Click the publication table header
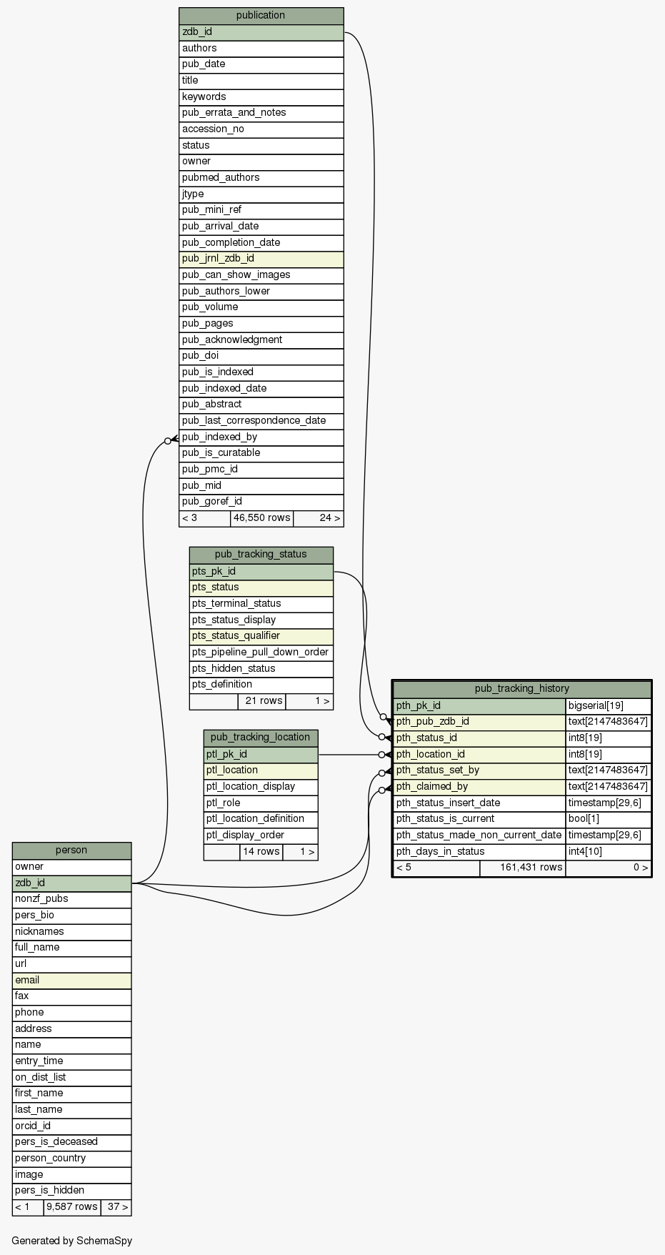(x=261, y=15)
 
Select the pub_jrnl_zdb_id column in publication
(x=261, y=259)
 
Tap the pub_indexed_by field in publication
(x=261, y=437)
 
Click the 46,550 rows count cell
(x=261, y=518)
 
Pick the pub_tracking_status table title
(x=261, y=555)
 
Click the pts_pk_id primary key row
(x=261, y=571)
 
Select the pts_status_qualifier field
(x=261, y=636)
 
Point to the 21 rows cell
(x=261, y=701)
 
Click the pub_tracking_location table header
(x=261, y=738)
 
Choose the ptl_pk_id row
(x=261, y=754)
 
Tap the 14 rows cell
(x=261, y=852)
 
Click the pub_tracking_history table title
(x=521, y=689)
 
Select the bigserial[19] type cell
(x=608, y=706)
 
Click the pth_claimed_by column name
(x=479, y=787)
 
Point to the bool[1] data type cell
(x=608, y=819)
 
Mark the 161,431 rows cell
(x=522, y=868)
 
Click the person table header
(x=71, y=850)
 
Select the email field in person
(x=71, y=981)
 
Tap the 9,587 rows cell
(x=72, y=1207)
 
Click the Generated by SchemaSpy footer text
(x=72, y=1241)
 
